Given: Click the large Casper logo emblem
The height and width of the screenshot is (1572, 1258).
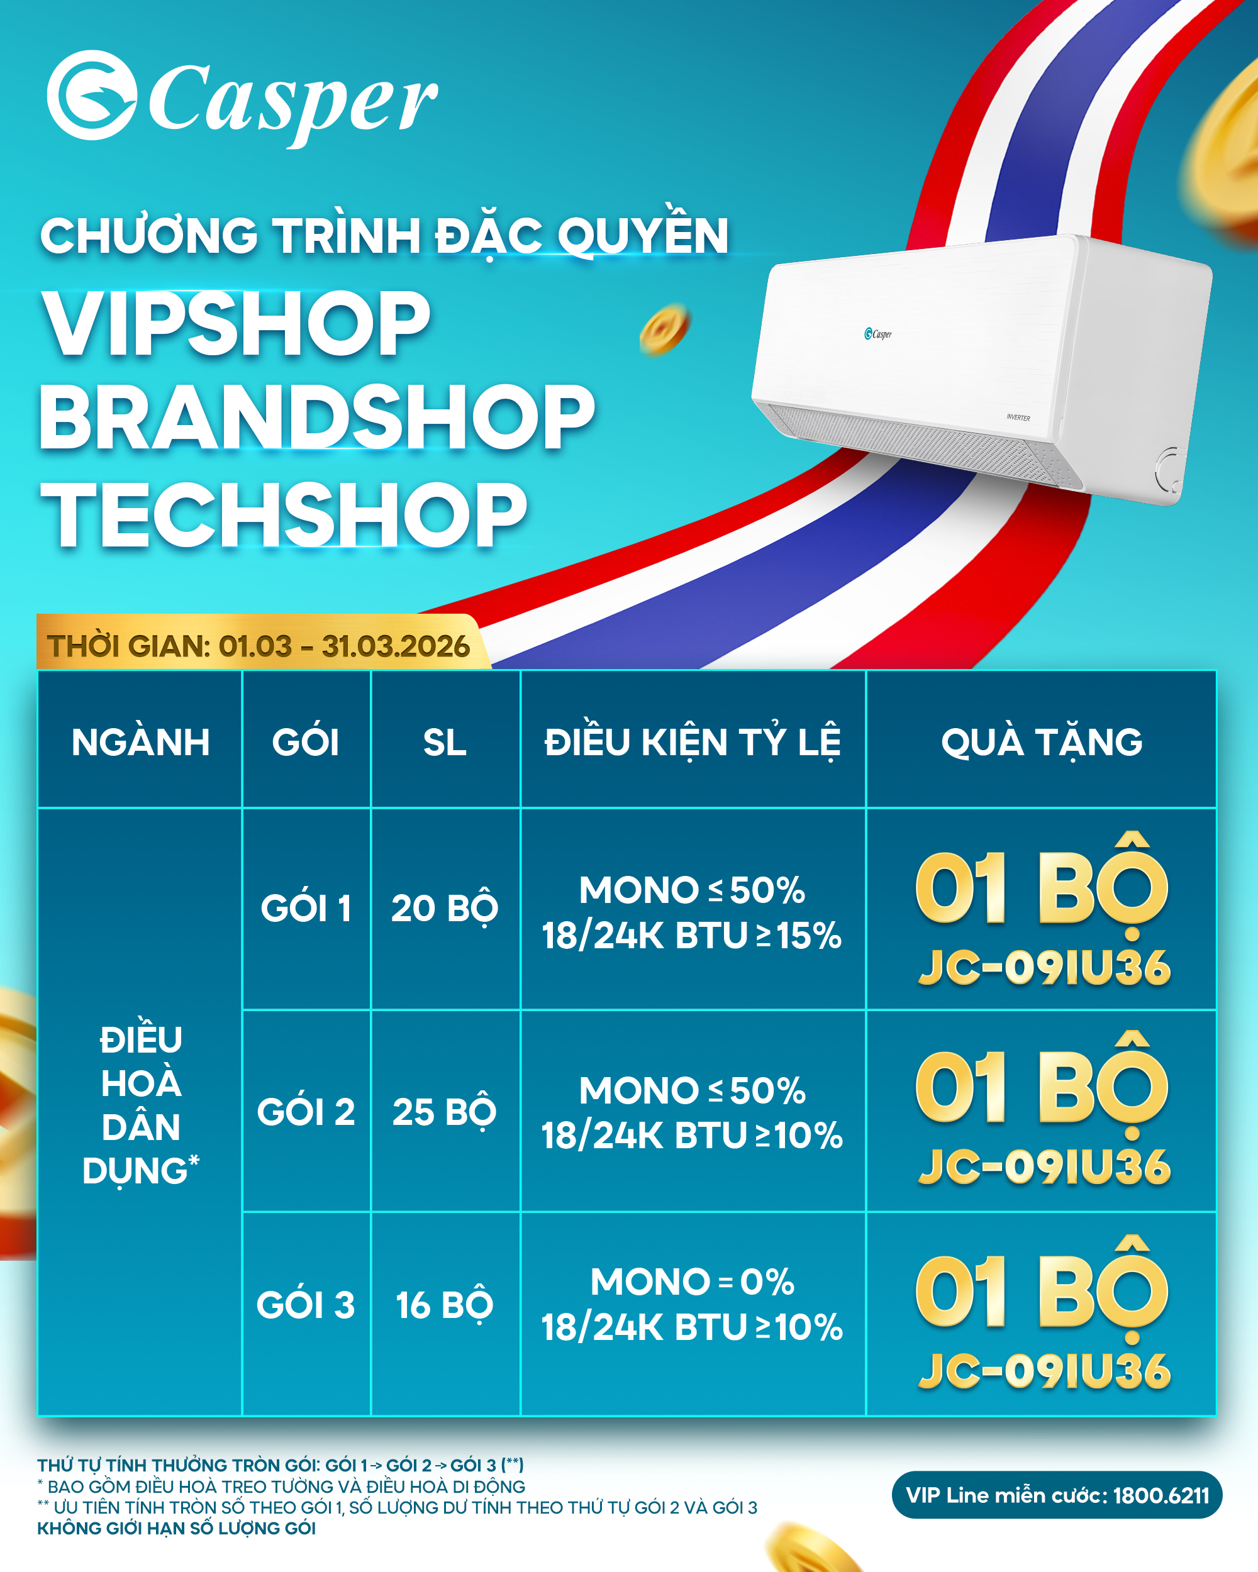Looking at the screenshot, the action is [x=92, y=95].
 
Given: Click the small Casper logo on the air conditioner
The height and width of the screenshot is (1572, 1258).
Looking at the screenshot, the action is [x=878, y=334].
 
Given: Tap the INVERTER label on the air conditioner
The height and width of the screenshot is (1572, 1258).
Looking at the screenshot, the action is [x=1018, y=418].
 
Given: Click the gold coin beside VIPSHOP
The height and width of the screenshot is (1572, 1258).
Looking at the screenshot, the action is [x=664, y=329].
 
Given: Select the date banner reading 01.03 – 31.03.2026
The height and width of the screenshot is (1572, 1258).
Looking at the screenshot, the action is [x=259, y=645].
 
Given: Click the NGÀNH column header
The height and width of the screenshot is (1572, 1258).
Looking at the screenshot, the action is [x=141, y=742].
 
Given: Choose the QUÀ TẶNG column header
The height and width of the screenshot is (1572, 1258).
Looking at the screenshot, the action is [x=1042, y=742].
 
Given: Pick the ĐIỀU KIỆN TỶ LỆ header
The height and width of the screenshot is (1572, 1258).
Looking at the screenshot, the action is [x=693, y=742].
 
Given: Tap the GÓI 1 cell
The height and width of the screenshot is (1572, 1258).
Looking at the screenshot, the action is [x=306, y=908].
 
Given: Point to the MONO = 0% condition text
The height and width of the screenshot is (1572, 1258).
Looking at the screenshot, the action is [x=693, y=1281].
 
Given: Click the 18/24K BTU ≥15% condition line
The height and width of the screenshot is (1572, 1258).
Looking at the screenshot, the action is [x=692, y=936].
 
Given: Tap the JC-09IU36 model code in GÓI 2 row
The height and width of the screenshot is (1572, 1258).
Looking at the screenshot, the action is [x=1045, y=1166].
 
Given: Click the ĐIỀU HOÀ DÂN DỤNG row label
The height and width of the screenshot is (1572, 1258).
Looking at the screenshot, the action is [x=141, y=1105].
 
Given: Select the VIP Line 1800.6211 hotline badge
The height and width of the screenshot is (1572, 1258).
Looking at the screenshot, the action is [x=1057, y=1495].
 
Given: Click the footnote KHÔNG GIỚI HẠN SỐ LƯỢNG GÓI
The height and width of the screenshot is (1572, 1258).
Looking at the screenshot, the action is [x=177, y=1528].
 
